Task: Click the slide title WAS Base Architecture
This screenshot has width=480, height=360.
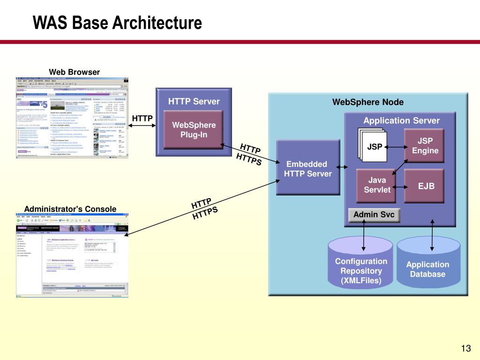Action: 117,23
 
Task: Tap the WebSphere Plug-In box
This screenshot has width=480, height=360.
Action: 194,130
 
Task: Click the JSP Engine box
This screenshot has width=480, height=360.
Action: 425,146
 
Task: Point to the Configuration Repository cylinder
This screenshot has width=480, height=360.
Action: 360,267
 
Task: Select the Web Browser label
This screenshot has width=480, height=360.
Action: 75,72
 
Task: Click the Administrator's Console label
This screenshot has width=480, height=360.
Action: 70,209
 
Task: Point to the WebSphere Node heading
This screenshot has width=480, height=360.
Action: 367,102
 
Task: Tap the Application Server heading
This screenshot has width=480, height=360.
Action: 401,120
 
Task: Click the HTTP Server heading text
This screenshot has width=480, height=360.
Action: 194,102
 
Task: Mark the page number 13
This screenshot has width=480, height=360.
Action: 465,348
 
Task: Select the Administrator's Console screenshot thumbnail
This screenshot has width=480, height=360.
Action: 72,256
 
